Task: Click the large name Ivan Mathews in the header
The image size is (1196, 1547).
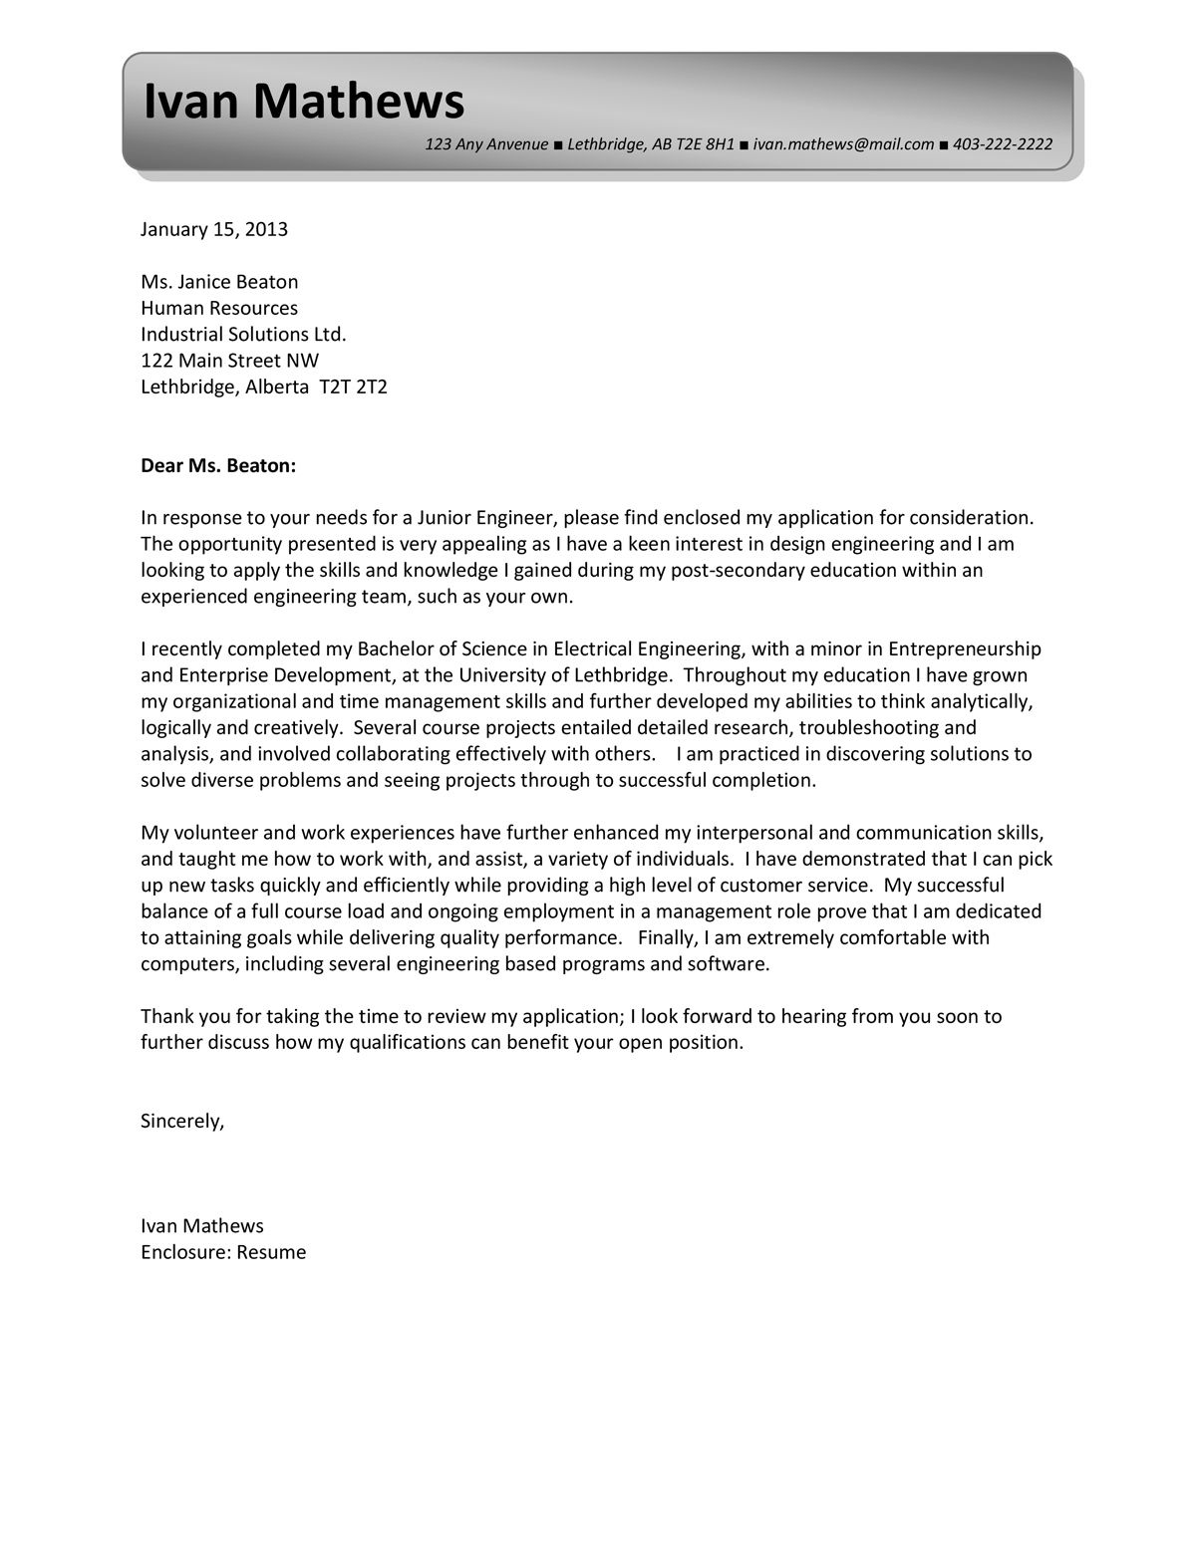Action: (x=303, y=102)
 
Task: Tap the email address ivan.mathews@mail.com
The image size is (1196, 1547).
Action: (x=843, y=144)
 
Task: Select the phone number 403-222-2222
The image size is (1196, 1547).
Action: (x=1003, y=144)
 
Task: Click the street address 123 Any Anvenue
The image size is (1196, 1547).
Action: (x=486, y=144)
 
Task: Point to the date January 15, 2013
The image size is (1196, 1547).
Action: (x=214, y=230)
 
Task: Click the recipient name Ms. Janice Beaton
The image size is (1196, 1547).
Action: (x=219, y=282)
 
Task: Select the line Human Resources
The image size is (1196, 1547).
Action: (x=219, y=308)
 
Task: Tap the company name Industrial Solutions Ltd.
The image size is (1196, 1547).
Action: (x=243, y=334)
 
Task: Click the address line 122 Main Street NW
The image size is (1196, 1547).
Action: (x=229, y=360)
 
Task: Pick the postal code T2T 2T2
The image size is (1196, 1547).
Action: (x=353, y=387)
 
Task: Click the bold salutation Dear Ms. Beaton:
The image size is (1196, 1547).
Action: (x=218, y=465)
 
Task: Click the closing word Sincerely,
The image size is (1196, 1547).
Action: (x=182, y=1121)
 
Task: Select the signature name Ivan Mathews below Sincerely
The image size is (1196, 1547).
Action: (x=202, y=1226)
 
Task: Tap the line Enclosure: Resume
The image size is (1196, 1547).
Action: (x=223, y=1252)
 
